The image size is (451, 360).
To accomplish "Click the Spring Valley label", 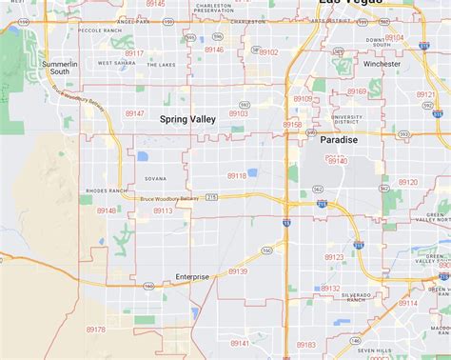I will click(x=187, y=119).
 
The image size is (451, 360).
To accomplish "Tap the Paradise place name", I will click(x=339, y=140).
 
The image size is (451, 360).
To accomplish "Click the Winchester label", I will click(x=382, y=64).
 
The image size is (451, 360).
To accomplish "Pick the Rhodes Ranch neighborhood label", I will click(x=99, y=190).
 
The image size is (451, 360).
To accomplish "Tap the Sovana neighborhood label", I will click(x=155, y=178).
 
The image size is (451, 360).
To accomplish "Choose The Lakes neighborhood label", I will click(x=162, y=64).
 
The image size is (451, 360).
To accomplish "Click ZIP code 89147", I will click(x=135, y=113).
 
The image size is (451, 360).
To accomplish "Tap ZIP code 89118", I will click(x=237, y=175).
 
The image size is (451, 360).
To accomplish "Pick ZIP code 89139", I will click(x=238, y=271).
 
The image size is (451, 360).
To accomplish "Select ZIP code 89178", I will click(x=95, y=329).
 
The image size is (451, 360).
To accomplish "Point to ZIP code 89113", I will click(x=163, y=210).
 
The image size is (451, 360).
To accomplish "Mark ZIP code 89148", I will click(x=107, y=210).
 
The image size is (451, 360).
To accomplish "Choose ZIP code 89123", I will click(x=334, y=257).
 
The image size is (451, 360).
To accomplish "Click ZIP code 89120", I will click(x=407, y=181).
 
